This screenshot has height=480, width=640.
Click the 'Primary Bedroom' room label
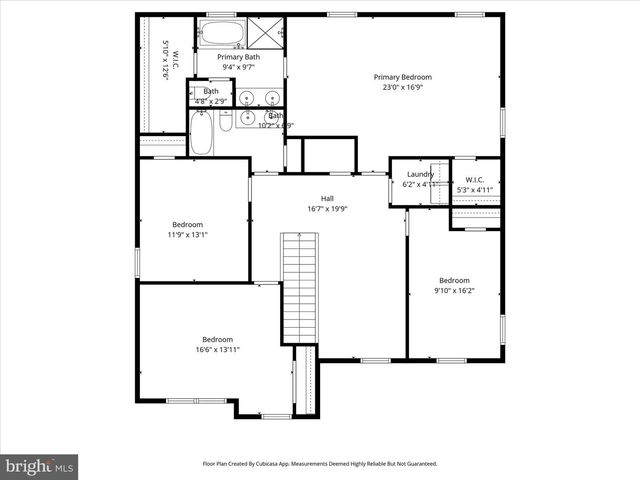[403, 77]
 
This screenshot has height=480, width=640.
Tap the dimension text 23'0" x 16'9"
[403, 88]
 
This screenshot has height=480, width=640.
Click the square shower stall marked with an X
[266, 33]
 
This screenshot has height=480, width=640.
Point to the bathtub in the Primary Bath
[218, 33]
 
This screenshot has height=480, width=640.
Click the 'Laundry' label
[420, 174]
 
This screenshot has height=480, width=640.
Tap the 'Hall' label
[327, 198]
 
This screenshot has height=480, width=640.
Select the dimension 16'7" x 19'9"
[327, 209]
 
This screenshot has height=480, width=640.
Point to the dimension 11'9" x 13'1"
[187, 235]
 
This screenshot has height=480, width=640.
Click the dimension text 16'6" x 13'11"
[217, 350]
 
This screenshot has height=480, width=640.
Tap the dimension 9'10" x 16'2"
[454, 291]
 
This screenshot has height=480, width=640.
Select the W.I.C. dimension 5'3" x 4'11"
[475, 189]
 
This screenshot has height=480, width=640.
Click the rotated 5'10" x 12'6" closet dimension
[166, 62]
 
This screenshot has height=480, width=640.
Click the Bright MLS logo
[40, 466]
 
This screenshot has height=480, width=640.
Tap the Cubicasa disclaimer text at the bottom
[320, 463]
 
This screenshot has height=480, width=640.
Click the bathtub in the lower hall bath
[200, 133]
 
